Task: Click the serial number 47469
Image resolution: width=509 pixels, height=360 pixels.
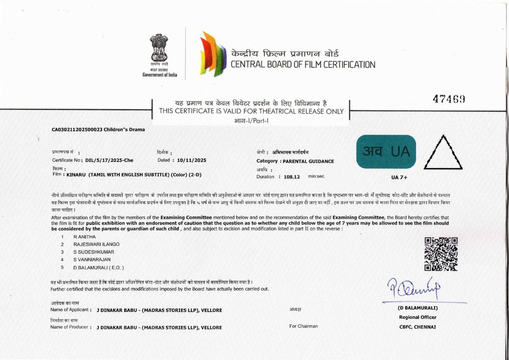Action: pos(448,99)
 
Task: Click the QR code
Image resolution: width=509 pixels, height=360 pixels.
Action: pos(441,254)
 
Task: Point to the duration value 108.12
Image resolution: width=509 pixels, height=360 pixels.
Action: pos(292,176)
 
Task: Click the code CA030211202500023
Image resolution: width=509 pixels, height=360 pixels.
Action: pos(76,129)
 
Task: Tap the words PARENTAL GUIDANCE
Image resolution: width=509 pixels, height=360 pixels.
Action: pos(308,161)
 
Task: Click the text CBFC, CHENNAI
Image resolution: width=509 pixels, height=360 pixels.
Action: pos(417,326)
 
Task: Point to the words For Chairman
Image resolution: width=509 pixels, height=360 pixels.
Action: pos(304,326)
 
